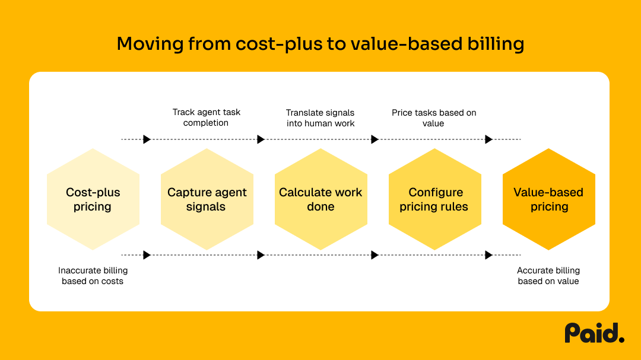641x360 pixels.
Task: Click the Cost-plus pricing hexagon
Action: pos(93,199)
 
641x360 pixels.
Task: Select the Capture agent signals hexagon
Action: pos(207,199)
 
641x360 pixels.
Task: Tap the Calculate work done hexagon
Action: pos(321,199)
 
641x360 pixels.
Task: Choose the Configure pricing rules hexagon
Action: pos(435,199)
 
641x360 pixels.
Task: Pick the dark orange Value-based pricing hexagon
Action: pos(549,199)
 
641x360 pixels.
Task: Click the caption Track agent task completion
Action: pos(206,117)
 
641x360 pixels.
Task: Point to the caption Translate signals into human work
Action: pos(320,117)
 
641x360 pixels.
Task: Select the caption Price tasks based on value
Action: pos(434,117)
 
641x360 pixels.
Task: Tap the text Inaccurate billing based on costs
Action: pos(93,276)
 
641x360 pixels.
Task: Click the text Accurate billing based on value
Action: pos(548,276)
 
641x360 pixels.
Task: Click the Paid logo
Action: pos(594,333)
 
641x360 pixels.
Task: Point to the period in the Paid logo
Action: pos(621,339)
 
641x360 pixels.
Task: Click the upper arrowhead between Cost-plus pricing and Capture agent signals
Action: pos(147,139)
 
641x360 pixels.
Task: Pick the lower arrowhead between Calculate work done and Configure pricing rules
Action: pos(375,255)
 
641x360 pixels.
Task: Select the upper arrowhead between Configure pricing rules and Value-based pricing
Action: pos(488,139)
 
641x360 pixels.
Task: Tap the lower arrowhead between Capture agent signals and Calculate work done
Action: pos(261,255)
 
